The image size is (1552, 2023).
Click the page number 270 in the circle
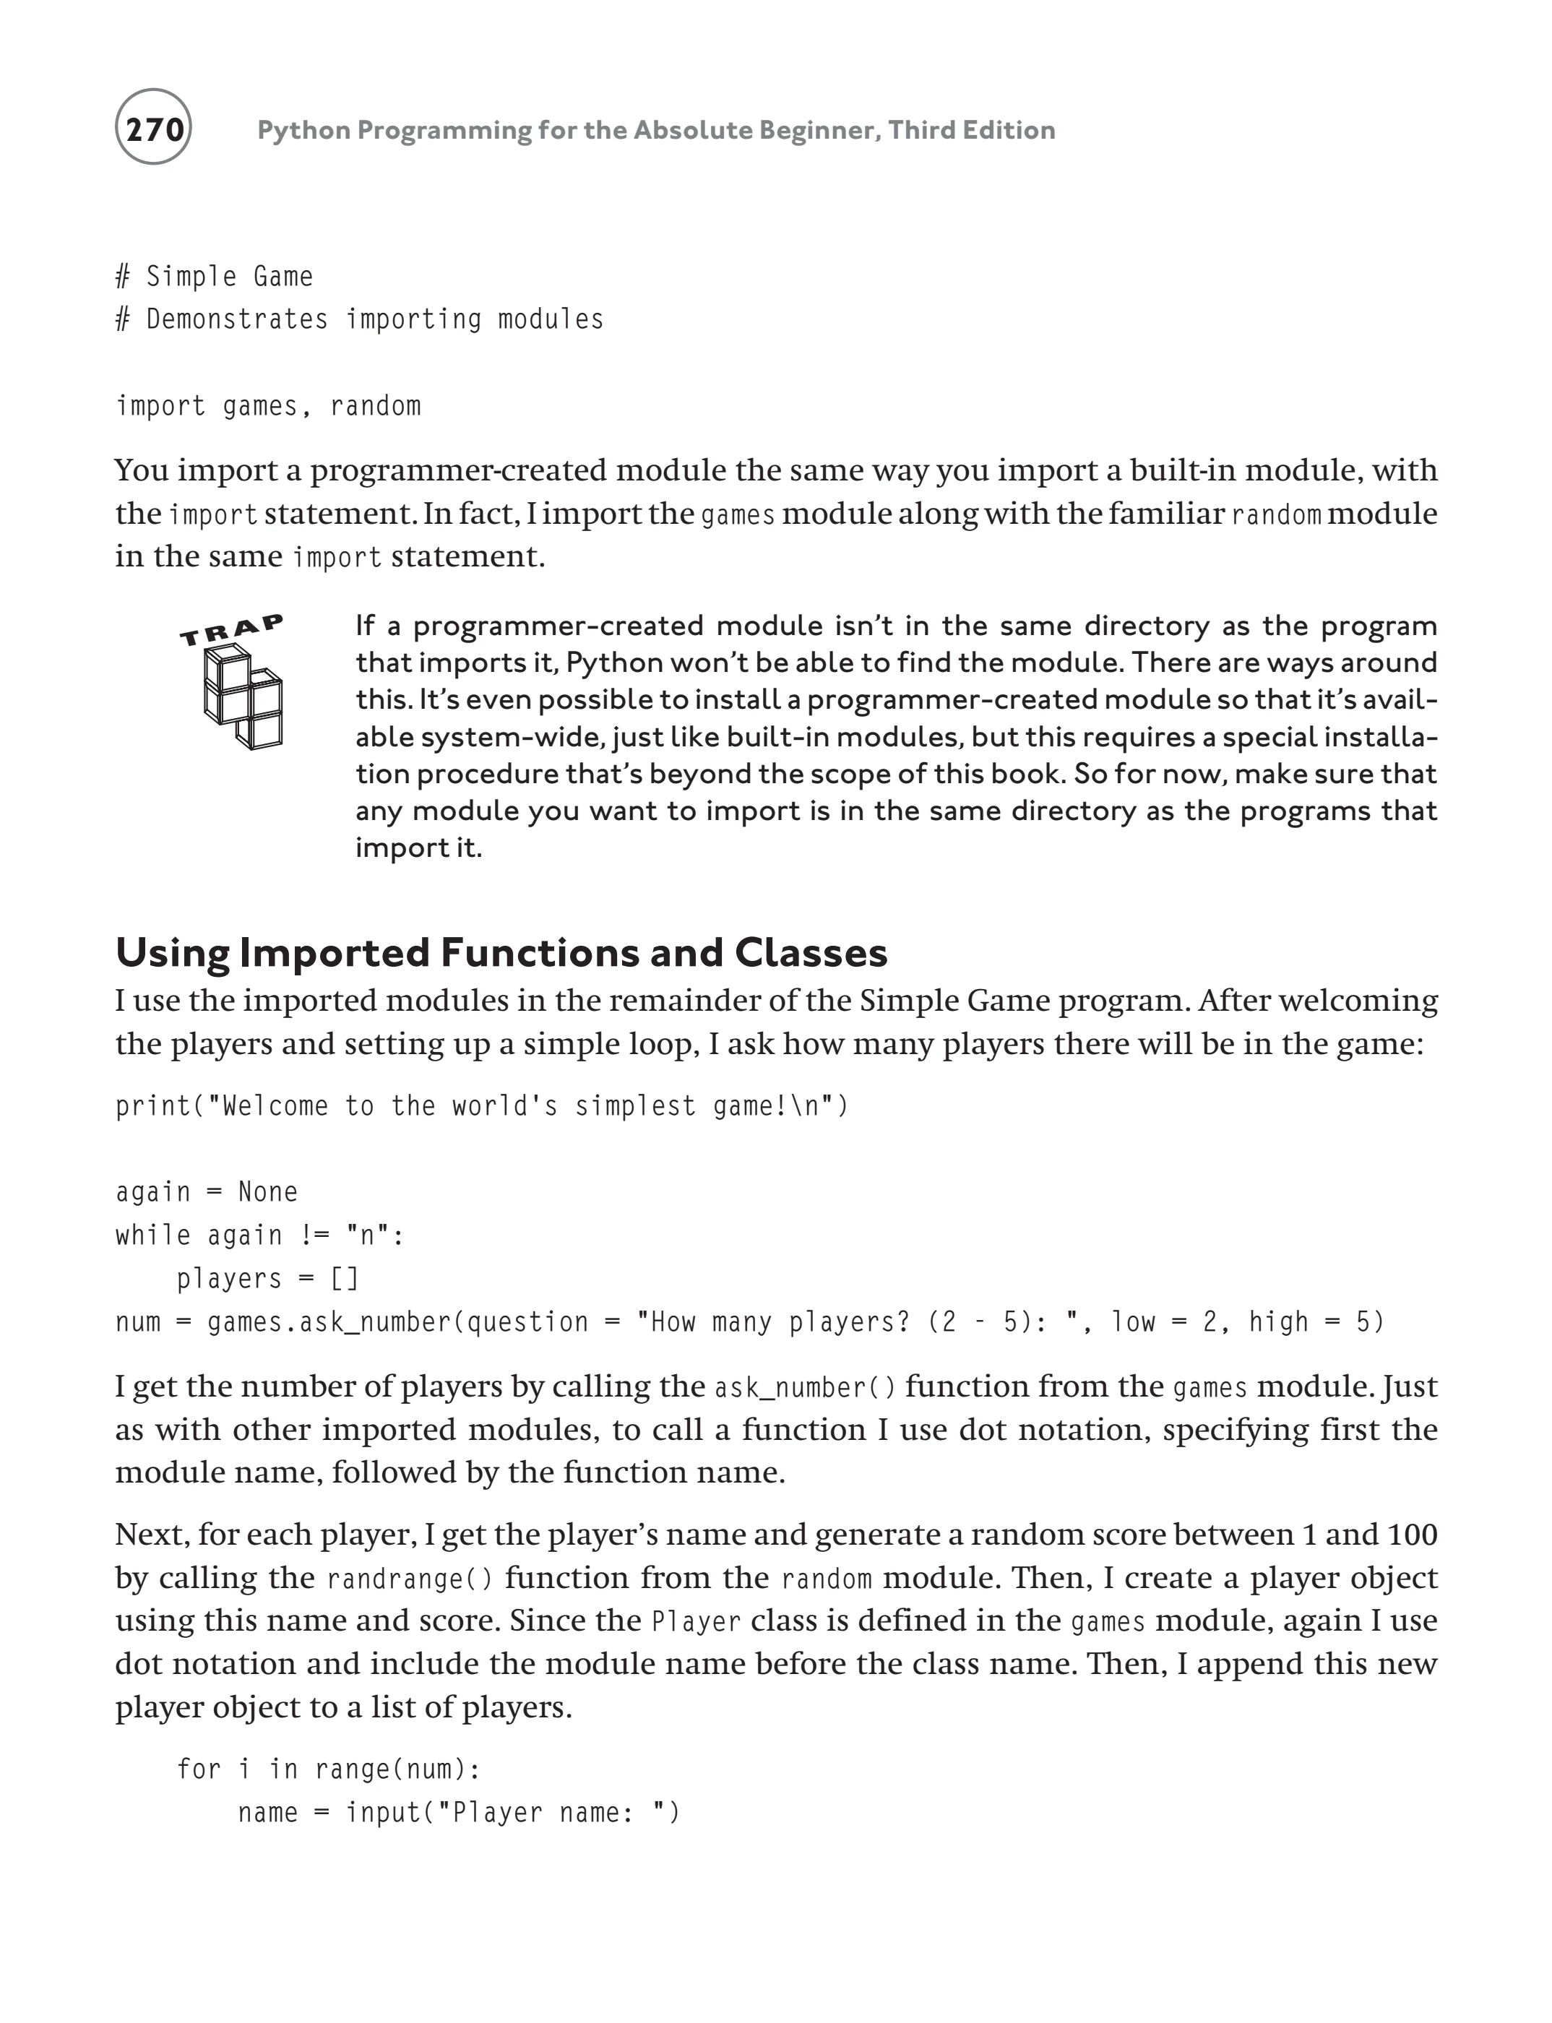point(153,129)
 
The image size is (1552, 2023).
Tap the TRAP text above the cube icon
point(231,630)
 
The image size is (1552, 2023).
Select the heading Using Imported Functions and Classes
point(501,952)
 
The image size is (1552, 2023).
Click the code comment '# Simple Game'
point(215,276)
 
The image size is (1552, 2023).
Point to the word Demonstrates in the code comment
point(236,319)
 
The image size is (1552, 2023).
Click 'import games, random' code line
point(268,407)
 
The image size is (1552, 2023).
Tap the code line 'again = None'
point(206,1191)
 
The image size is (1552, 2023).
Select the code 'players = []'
point(267,1278)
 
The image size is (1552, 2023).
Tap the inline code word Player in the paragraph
point(697,1622)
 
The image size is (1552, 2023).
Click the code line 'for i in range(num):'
point(328,1769)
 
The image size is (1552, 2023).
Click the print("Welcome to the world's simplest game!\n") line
point(481,1105)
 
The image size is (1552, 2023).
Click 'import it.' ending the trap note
point(418,848)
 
